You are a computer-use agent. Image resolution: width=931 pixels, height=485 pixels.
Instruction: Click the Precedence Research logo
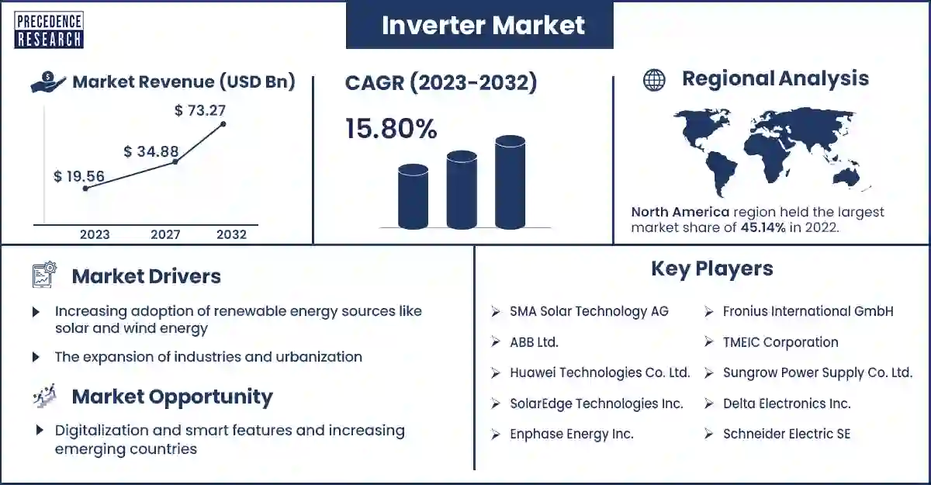(x=49, y=30)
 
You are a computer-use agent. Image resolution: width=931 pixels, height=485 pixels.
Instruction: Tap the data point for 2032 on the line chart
(x=223, y=124)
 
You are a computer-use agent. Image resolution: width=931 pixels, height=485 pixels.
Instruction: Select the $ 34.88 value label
(x=151, y=151)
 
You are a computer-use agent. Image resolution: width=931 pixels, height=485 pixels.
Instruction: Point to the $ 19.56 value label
(x=79, y=176)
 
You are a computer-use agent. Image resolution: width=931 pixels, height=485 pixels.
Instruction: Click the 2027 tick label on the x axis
(x=165, y=234)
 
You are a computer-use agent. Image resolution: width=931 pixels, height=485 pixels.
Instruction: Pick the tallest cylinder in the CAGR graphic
(x=510, y=182)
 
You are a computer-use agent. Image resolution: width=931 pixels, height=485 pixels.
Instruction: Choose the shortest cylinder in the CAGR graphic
(x=413, y=196)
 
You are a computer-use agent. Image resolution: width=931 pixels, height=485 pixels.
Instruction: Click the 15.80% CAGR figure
(x=391, y=128)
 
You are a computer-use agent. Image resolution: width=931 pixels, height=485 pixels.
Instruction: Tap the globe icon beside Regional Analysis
(x=654, y=80)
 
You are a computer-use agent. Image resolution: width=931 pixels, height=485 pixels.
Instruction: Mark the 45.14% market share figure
(x=763, y=227)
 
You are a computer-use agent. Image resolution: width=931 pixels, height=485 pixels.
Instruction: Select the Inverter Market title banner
(x=479, y=25)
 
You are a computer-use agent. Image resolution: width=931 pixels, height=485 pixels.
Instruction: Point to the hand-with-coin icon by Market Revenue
(x=48, y=81)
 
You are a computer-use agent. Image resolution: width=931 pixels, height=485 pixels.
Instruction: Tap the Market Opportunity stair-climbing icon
(x=44, y=395)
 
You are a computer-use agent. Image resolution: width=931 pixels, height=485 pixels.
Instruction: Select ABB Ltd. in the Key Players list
(x=534, y=342)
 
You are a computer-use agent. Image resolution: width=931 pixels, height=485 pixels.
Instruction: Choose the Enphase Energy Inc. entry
(x=572, y=434)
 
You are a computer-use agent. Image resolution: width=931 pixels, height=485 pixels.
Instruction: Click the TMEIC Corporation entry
(x=780, y=342)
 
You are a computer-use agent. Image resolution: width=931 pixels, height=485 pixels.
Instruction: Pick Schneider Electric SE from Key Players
(x=787, y=434)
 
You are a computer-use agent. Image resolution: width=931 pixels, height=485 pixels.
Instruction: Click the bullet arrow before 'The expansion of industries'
(x=36, y=357)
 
